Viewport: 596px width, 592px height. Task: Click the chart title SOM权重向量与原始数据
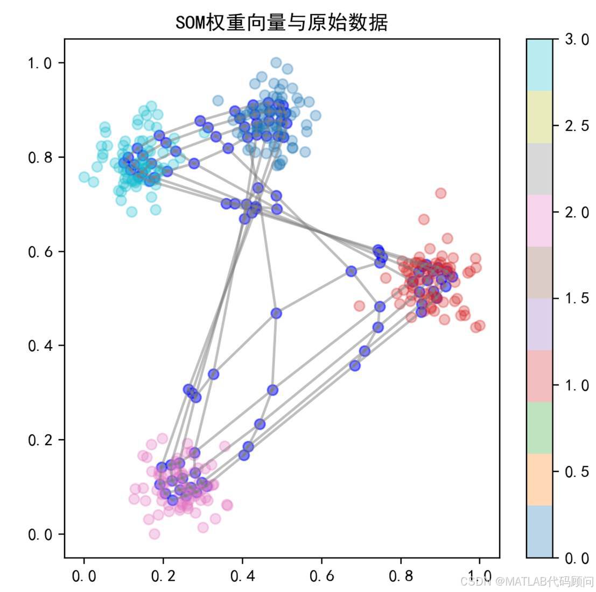(282, 23)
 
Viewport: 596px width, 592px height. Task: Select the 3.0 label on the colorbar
(578, 40)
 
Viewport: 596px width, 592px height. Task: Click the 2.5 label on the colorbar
(578, 126)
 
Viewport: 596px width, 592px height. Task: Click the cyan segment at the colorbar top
(539, 65)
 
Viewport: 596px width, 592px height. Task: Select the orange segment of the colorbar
(539, 480)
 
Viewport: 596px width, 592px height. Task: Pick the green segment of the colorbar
(539, 428)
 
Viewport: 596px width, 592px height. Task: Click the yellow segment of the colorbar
(539, 117)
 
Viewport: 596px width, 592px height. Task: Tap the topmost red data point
(440, 193)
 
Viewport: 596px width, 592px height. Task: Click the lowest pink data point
(155, 534)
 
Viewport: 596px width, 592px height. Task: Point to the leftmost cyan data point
(84, 177)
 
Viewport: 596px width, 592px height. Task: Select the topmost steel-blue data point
(276, 62)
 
